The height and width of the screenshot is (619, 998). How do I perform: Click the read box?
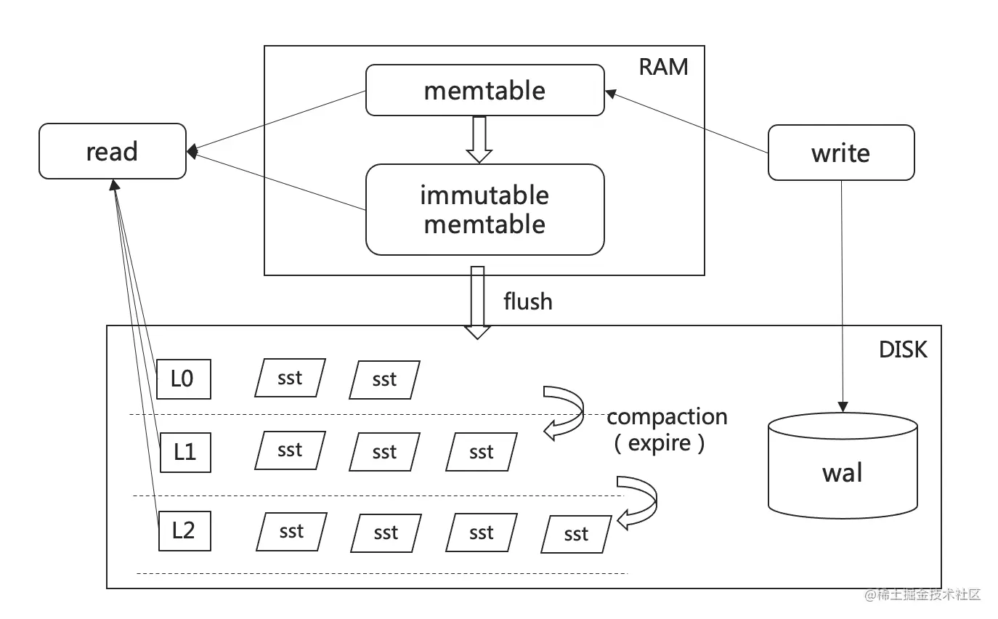coord(112,151)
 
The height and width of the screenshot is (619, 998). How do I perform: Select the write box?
coord(840,153)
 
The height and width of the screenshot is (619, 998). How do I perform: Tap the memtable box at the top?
coord(484,90)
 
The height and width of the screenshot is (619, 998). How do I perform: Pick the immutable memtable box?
coord(484,209)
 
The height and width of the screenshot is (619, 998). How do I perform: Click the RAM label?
coord(662,67)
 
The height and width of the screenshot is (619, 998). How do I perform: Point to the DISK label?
coord(903,349)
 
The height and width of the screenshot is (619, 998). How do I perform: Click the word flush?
coord(528,301)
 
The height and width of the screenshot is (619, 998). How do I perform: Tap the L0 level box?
coord(184,379)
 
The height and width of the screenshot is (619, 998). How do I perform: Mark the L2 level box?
coord(184,530)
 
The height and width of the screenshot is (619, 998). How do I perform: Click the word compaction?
coord(667,416)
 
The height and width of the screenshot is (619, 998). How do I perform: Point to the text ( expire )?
coord(660,443)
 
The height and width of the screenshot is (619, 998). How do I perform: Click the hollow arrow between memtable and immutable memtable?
coord(479,139)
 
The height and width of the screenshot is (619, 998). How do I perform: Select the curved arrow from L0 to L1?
coord(565,413)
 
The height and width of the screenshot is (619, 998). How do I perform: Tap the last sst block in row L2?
coord(576,535)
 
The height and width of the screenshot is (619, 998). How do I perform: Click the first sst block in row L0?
coord(290,378)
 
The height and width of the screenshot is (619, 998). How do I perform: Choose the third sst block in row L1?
coord(481,452)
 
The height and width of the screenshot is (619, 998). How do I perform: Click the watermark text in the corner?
coord(922,595)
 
